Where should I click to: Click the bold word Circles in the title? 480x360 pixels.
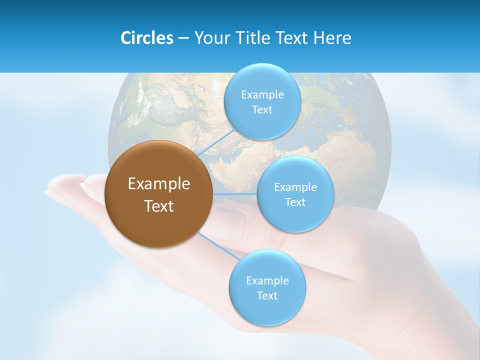(x=146, y=38)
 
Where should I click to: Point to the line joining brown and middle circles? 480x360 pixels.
(x=234, y=193)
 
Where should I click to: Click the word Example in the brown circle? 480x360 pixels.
(x=158, y=184)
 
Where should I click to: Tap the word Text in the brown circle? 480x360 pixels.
(x=158, y=206)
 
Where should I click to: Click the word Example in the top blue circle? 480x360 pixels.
(x=262, y=95)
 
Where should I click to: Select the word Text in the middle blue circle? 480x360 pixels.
(x=295, y=202)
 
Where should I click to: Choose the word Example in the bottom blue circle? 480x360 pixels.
(x=267, y=280)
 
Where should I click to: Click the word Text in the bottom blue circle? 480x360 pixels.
(x=267, y=296)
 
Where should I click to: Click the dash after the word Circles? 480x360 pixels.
(x=183, y=38)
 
